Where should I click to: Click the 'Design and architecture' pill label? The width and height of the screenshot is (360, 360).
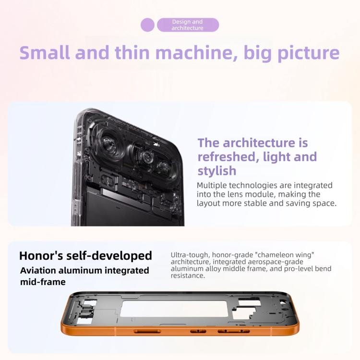(x=188, y=25)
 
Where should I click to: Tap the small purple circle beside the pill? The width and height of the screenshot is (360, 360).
(x=147, y=25)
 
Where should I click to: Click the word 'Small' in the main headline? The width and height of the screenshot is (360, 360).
(x=45, y=53)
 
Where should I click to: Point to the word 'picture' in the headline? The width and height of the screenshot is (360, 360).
(x=309, y=53)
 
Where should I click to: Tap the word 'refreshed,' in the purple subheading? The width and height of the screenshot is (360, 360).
(x=227, y=157)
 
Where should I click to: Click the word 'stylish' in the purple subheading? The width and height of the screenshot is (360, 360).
(x=217, y=171)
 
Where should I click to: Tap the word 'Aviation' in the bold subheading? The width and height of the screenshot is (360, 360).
(x=37, y=270)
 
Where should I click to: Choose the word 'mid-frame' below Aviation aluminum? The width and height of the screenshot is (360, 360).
(x=43, y=282)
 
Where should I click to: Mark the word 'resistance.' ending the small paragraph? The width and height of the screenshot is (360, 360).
(x=188, y=276)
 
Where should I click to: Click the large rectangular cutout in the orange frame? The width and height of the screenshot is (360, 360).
(x=174, y=309)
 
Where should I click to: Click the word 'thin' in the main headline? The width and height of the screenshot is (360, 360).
(x=132, y=53)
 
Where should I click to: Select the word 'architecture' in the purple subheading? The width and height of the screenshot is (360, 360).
(x=259, y=143)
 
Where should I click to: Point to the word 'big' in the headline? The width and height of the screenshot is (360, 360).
(x=258, y=53)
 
